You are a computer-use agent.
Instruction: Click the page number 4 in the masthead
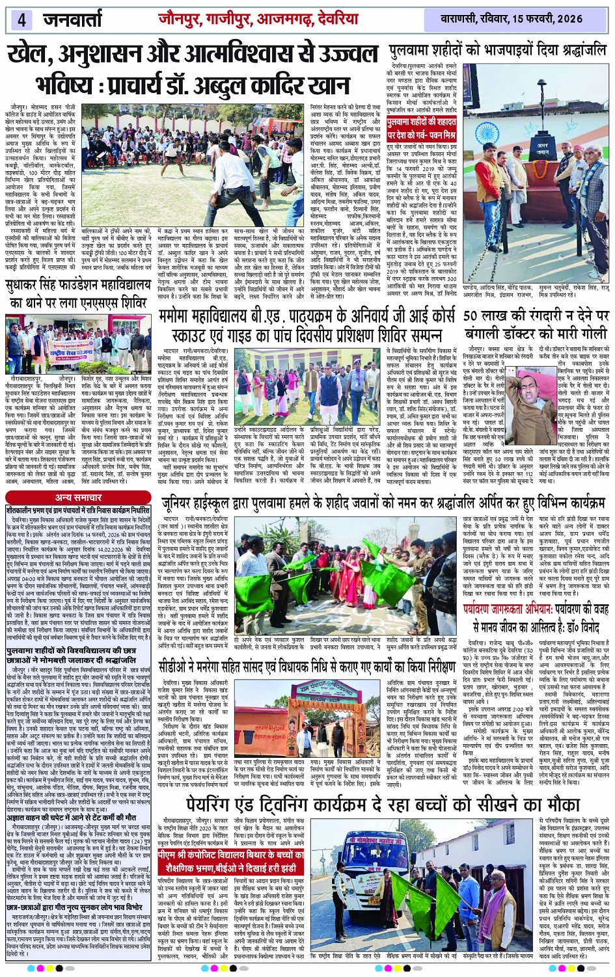(x=21, y=20)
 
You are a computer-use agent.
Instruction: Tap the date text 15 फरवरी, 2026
(x=546, y=20)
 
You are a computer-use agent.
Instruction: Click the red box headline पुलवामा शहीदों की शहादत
(x=430, y=123)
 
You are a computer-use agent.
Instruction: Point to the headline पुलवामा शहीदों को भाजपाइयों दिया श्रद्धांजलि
(x=497, y=51)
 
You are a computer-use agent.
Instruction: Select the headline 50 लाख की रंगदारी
(x=536, y=324)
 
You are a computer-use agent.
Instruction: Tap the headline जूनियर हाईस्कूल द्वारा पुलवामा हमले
(x=383, y=503)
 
